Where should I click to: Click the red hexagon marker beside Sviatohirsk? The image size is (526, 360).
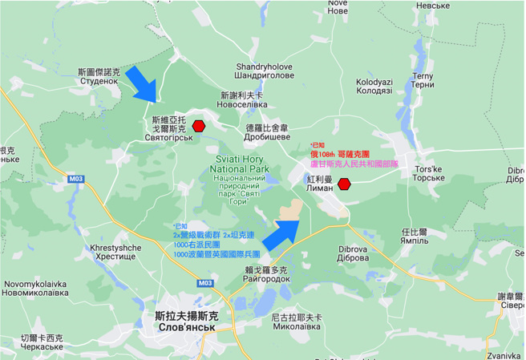point(199,126)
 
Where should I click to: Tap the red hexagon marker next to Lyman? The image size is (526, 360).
point(344,184)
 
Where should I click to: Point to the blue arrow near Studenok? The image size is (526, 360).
point(146,83)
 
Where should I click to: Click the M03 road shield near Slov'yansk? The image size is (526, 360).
point(204,283)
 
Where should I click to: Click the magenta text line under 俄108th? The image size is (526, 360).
point(360,164)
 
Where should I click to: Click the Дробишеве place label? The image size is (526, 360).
point(267,137)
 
